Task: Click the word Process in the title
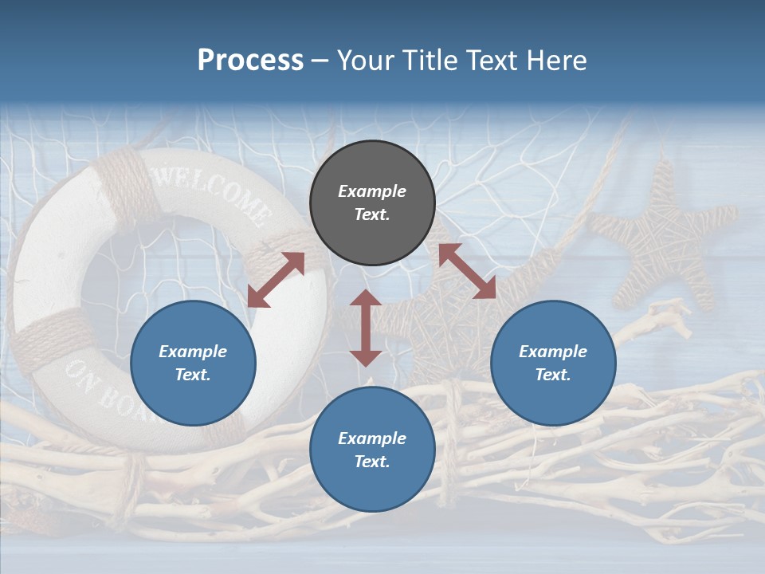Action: pos(250,61)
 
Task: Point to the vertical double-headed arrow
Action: pos(366,328)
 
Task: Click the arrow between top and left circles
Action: pos(276,280)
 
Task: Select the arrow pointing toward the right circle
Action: pos(467,271)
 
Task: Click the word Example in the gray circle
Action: pos(372,191)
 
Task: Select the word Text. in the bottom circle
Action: pos(372,462)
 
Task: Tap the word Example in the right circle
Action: pos(553,352)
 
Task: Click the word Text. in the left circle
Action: pos(193,375)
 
